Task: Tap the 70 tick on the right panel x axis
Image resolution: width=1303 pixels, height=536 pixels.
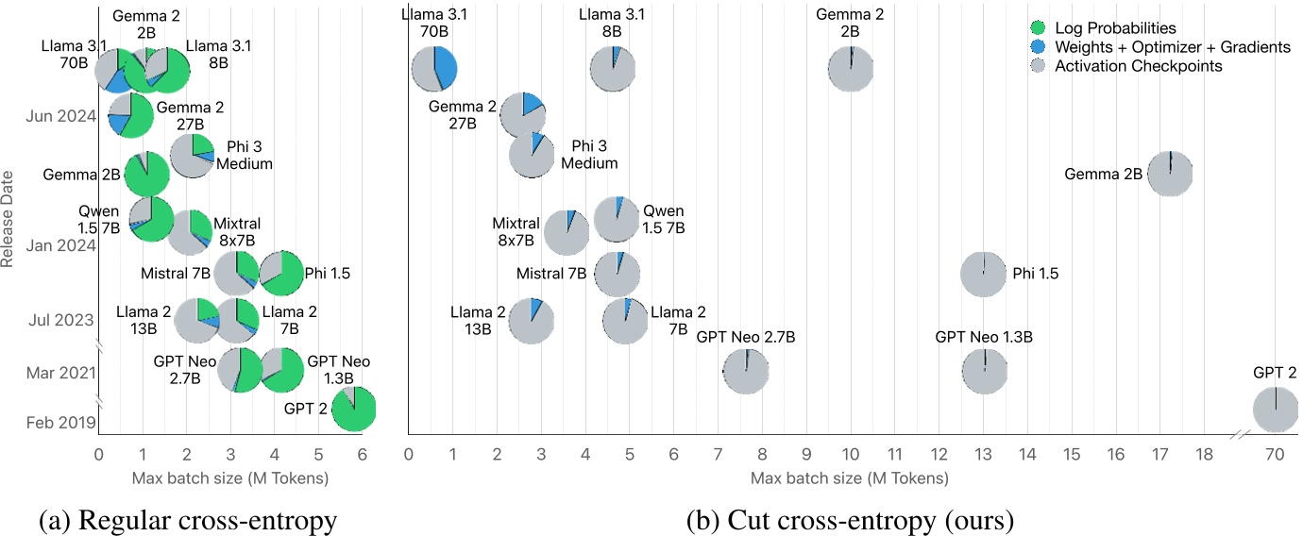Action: click(x=1275, y=454)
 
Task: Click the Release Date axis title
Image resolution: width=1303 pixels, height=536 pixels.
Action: click(x=8, y=219)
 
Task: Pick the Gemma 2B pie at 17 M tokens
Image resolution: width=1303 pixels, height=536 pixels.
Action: click(x=1170, y=175)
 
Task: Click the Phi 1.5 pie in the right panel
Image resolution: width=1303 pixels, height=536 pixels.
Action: click(x=983, y=275)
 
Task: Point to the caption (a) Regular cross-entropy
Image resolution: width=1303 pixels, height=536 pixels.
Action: click(x=188, y=519)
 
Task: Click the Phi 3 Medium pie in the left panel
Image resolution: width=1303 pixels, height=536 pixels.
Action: click(x=193, y=157)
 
